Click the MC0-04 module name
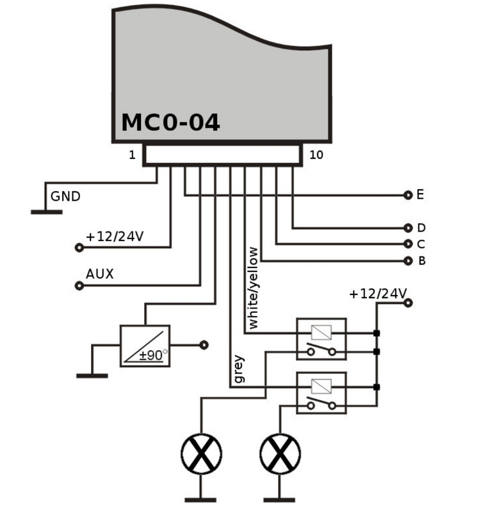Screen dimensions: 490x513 (x=170, y=122)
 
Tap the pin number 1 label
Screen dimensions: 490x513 (x=132, y=155)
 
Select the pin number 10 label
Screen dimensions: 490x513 (x=316, y=155)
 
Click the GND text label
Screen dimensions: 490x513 (x=65, y=196)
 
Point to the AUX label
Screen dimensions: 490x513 (x=100, y=274)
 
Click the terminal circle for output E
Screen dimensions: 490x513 (x=408, y=196)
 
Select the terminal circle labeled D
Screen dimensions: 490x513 (x=408, y=228)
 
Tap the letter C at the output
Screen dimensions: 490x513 (x=421, y=244)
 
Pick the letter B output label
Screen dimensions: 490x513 (x=421, y=261)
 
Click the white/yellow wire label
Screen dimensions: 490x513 (x=254, y=288)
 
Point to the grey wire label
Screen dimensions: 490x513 (x=239, y=369)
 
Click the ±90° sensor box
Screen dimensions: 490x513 (x=145, y=346)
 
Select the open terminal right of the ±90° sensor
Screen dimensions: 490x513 (x=204, y=345)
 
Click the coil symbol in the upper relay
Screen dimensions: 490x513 (x=322, y=333)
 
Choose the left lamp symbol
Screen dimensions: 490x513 (x=201, y=454)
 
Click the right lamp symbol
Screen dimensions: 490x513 (x=280, y=454)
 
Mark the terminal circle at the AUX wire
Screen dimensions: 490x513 (x=79, y=285)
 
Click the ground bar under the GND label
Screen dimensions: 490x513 (x=46, y=212)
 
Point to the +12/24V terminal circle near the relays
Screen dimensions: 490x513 (x=408, y=303)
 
